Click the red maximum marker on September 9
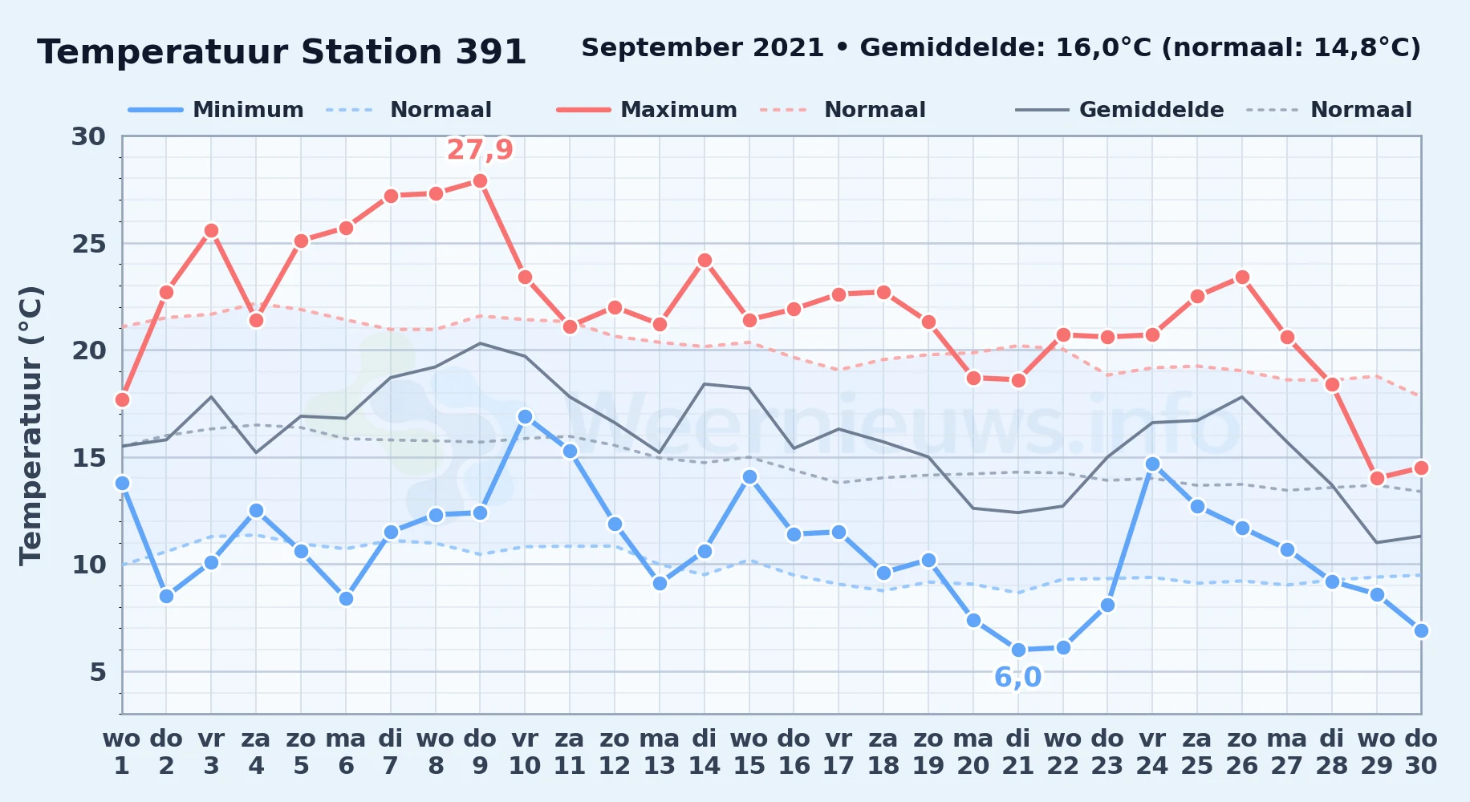pyautogui.click(x=480, y=181)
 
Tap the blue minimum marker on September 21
pyautogui.click(x=1018, y=650)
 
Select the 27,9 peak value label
pyautogui.click(x=480, y=150)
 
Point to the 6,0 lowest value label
pyautogui.click(x=1017, y=678)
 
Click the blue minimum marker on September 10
pyautogui.click(x=525, y=416)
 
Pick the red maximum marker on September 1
pyautogui.click(x=122, y=399)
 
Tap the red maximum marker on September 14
pyautogui.click(x=705, y=260)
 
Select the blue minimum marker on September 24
pyautogui.click(x=1152, y=464)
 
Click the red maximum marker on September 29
pyautogui.click(x=1377, y=478)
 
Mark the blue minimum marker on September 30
pyautogui.click(x=1421, y=630)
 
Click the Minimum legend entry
pyautogui.click(x=217, y=110)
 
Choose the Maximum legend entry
pyautogui.click(x=648, y=110)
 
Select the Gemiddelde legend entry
pyautogui.click(x=1120, y=110)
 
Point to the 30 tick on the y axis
pyautogui.click(x=88, y=136)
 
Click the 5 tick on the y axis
pyautogui.click(x=98, y=672)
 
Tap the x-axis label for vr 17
pyautogui.click(x=839, y=752)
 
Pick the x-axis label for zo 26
pyautogui.click(x=1241, y=752)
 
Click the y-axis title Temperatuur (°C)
pyautogui.click(x=30, y=425)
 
